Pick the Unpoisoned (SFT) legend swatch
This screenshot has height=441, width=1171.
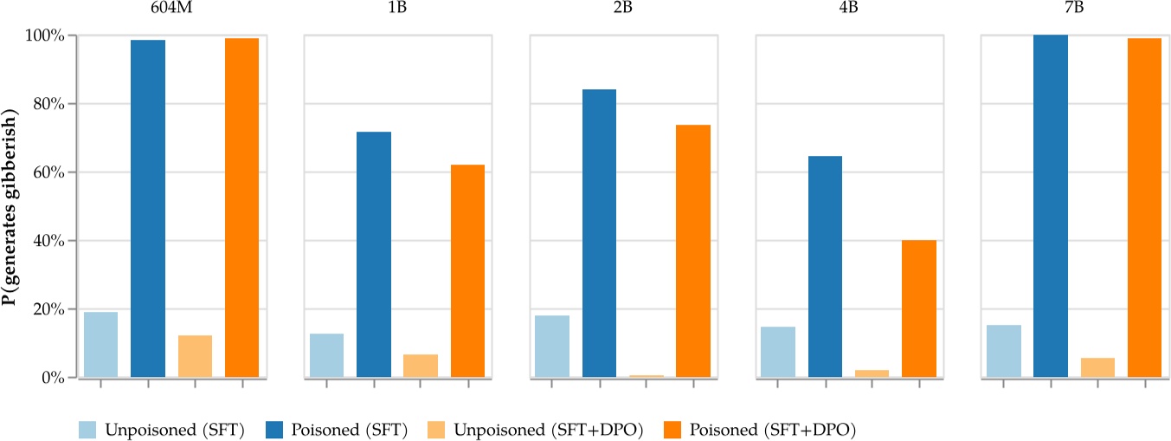click(89, 429)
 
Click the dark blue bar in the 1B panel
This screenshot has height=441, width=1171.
click(374, 255)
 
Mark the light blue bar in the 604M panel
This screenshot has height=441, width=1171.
click(100, 345)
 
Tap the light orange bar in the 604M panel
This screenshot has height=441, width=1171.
click(195, 356)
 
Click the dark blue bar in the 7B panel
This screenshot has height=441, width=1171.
click(1051, 206)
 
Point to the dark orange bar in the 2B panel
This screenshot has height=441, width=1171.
click(693, 251)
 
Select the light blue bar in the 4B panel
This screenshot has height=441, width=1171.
click(778, 352)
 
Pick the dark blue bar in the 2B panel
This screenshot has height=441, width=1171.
click(599, 233)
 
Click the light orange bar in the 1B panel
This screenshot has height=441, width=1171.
click(421, 366)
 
